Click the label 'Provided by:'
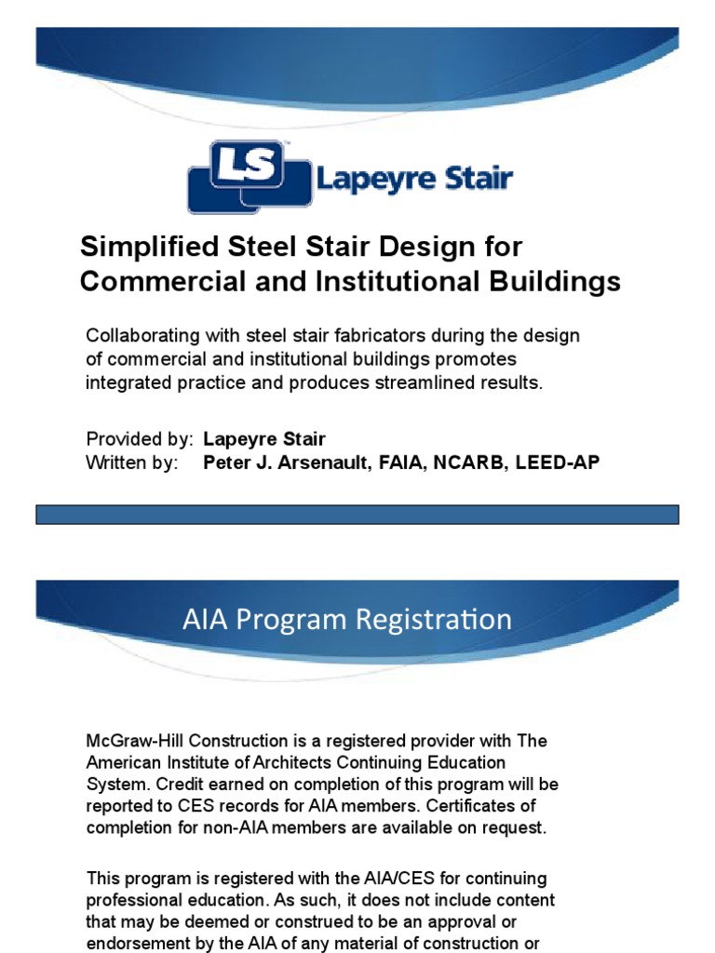(140, 439)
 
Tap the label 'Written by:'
(131, 463)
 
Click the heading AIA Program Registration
(346, 620)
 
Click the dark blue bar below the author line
(357, 515)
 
